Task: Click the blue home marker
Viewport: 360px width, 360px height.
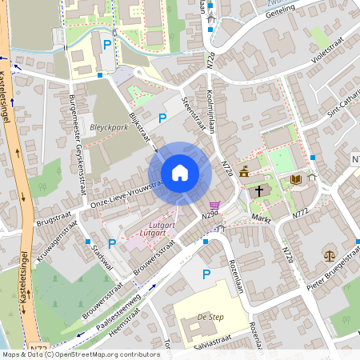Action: click(180, 172)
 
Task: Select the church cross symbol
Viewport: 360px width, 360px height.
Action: click(259, 191)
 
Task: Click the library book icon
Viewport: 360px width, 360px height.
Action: click(297, 181)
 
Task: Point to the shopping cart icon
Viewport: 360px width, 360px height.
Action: click(214, 206)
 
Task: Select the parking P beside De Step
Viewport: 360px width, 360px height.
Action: click(206, 275)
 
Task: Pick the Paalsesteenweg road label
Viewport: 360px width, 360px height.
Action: click(117, 306)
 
